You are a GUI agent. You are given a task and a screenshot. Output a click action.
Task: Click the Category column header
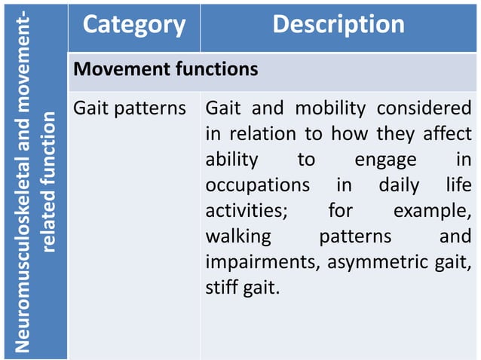pos(133,25)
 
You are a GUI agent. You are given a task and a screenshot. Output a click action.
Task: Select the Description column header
pos(338,25)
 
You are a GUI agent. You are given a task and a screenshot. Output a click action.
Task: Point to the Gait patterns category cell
pos(129,108)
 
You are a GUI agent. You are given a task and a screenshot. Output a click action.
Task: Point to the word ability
pos(231,160)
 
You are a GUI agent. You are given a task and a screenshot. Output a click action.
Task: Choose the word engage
pos(385,160)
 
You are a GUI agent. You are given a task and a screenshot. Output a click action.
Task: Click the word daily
pos(399,185)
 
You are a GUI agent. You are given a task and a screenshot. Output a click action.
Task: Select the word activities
pos(246,211)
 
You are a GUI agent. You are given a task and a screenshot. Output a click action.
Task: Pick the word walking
pos(238,236)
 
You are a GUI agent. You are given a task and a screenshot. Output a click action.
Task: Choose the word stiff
pos(219,288)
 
